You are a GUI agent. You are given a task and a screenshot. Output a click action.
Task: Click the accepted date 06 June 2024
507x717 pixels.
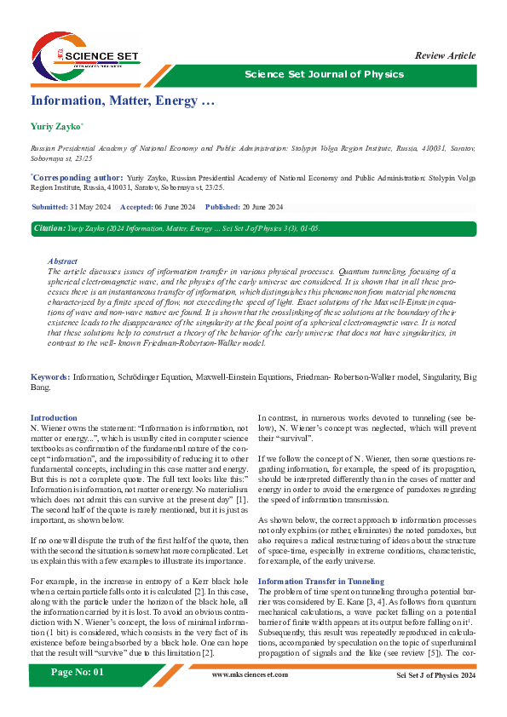tap(175, 208)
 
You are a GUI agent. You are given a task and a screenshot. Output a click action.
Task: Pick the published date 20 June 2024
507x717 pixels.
tap(262, 208)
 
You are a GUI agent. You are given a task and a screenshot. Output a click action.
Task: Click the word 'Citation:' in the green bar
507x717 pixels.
tap(49, 229)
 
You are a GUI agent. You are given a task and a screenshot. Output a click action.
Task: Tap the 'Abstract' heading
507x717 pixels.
tap(63, 261)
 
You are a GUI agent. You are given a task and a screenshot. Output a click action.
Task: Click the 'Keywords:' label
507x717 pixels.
tap(50, 376)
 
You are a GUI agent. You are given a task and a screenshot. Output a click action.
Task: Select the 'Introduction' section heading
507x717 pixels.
tap(54, 418)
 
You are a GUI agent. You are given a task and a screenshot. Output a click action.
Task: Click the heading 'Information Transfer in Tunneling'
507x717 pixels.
tap(321, 557)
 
